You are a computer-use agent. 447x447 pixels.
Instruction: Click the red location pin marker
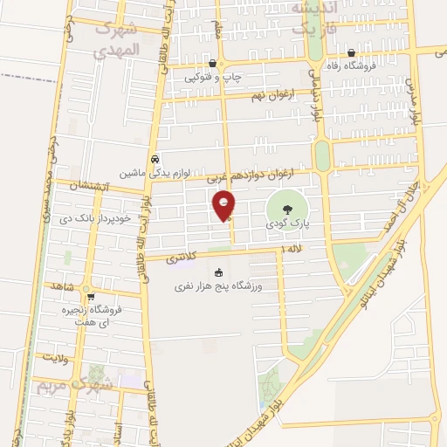225,204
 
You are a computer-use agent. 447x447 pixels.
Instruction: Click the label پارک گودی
288,224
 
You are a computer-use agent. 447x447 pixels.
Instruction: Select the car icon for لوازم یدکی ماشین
155,160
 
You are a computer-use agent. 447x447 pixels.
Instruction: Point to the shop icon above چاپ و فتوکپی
214,63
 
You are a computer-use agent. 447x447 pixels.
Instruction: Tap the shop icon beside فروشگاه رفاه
351,52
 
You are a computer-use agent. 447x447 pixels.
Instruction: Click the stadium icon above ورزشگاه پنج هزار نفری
218,272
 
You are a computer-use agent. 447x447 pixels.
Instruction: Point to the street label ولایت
52,356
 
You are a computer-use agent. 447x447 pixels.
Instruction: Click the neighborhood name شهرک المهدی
116,39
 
